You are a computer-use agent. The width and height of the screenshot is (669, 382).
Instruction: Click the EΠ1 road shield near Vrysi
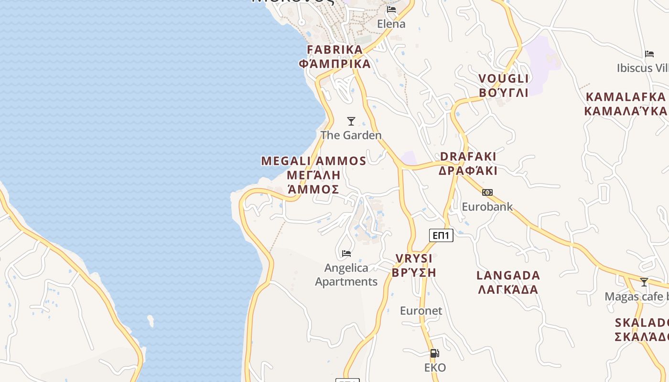(441, 235)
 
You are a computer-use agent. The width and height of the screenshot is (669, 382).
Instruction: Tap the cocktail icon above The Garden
(351, 121)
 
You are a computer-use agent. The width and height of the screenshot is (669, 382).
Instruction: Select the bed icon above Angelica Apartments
(346, 253)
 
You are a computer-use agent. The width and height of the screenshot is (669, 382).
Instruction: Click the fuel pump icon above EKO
(434, 353)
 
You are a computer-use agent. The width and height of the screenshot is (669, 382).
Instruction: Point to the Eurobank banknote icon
(487, 192)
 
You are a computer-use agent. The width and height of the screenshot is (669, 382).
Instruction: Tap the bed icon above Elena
(391, 10)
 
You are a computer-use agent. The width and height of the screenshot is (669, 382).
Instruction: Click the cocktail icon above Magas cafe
(644, 282)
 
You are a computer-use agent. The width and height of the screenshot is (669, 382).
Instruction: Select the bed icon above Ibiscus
(649, 53)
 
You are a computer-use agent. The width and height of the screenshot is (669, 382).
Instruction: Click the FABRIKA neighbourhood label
(335, 50)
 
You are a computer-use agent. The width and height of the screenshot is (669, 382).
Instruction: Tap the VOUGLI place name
(504, 79)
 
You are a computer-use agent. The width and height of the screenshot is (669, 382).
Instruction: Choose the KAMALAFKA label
(626, 97)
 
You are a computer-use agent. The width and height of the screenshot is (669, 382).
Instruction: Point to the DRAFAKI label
(468, 157)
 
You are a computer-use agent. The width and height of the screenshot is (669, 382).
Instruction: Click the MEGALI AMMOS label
(313, 161)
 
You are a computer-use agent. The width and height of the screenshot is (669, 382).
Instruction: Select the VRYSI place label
(414, 259)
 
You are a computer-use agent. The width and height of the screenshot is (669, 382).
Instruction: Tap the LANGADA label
(508, 276)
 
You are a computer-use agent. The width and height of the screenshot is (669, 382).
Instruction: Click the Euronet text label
(421, 311)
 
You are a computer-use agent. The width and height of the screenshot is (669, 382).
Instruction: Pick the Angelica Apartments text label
(346, 275)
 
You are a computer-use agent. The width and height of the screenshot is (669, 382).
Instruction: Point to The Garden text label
(351, 135)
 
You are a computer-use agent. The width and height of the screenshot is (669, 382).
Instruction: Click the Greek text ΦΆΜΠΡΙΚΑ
(335, 64)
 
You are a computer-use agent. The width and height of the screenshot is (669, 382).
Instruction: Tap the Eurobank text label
(487, 207)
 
